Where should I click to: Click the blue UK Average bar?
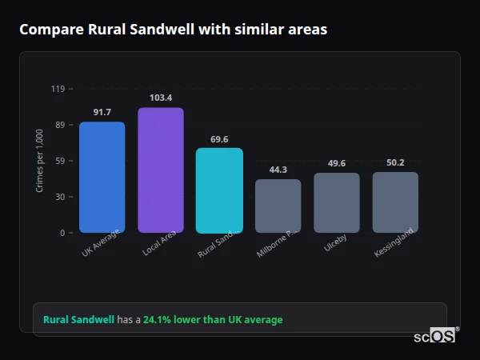point(102,177)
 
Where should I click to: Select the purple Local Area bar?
point(160,170)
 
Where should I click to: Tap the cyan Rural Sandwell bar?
point(219,190)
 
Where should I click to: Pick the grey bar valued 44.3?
point(278,206)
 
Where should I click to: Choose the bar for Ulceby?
point(337,202)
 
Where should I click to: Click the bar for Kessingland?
point(395,202)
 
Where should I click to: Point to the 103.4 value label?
point(160,98)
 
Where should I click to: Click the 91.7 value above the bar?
point(102,112)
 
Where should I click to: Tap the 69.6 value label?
point(219,138)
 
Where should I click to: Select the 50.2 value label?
point(395,162)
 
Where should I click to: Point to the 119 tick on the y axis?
point(58,89)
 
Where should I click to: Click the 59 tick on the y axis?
point(58,161)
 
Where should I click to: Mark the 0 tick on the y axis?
point(62,233)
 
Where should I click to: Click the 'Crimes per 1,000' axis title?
point(40,161)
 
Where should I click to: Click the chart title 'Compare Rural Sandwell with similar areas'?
point(173,29)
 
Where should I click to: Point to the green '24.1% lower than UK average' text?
point(213,320)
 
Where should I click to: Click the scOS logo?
point(434,336)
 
